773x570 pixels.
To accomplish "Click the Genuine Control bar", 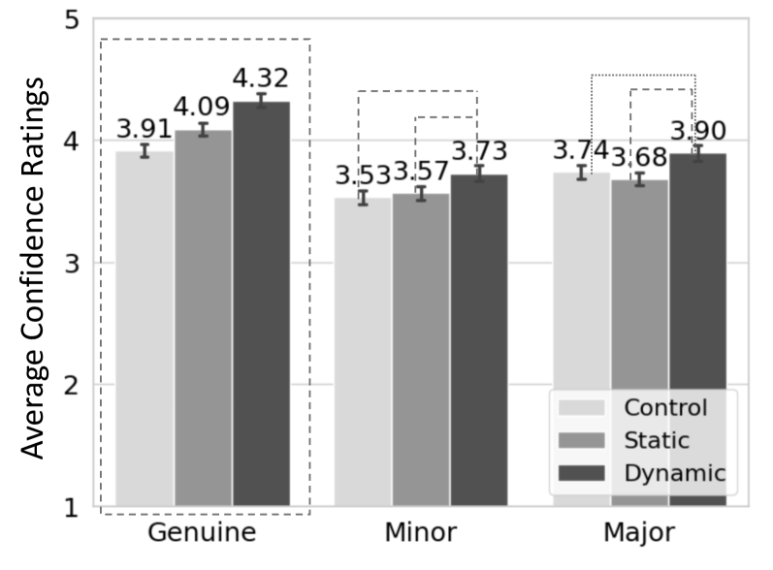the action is click(x=145, y=329).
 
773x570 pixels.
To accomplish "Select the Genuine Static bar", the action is click(x=203, y=318).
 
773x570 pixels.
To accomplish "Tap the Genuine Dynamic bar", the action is click(x=261, y=303).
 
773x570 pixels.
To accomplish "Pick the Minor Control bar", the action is click(x=364, y=352).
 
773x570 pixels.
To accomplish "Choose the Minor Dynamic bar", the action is click(x=479, y=340).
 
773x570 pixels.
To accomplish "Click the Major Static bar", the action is click(x=640, y=343).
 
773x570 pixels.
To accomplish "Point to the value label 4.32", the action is click(x=260, y=79).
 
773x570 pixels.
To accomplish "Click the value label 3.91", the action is click(x=144, y=129).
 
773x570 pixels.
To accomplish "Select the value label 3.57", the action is click(x=421, y=171).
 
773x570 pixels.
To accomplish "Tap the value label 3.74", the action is click(x=581, y=149).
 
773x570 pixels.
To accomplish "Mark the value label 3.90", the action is click(x=698, y=131).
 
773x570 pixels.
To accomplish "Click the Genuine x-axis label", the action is click(x=202, y=532).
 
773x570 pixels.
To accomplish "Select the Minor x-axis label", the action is click(x=421, y=532).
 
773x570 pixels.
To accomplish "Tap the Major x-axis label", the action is click(x=639, y=533).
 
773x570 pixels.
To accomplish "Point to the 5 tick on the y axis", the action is click(x=72, y=20).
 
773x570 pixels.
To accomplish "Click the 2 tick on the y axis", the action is click(x=72, y=385).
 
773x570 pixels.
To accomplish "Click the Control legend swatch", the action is click(x=581, y=408).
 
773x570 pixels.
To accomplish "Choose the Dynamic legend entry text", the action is click(x=674, y=473).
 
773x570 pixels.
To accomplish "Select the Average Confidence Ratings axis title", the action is click(x=34, y=269).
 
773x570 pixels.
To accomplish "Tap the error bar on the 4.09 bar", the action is click(x=203, y=130).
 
